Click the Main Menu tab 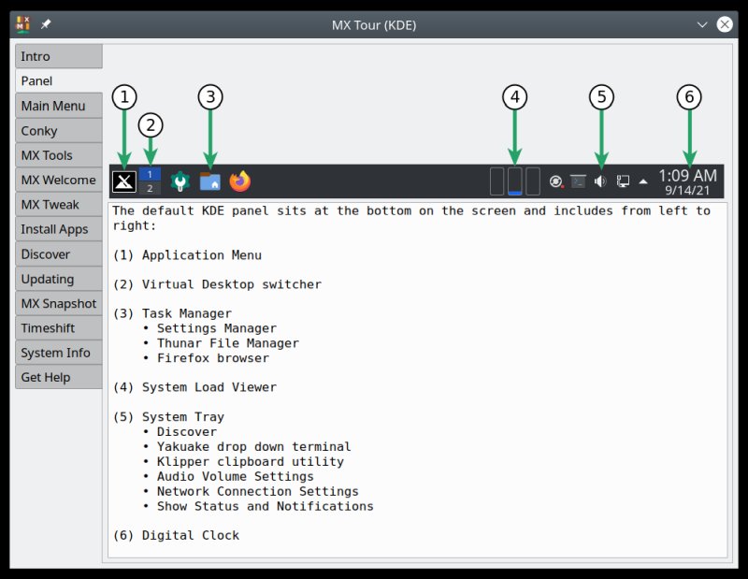[x=59, y=106]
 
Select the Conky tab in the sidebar [x=59, y=131]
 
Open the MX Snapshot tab [x=59, y=303]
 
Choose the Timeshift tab [x=59, y=328]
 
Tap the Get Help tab [x=59, y=377]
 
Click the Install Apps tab [x=59, y=229]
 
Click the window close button [x=725, y=24]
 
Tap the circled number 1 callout [x=124, y=96]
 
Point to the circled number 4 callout [x=514, y=96]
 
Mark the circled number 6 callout [x=689, y=96]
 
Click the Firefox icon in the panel [x=240, y=181]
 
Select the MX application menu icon [x=123, y=181]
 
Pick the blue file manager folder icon [x=210, y=181]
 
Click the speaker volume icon [x=600, y=181]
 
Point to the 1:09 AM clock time [x=687, y=175]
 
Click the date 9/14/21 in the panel [x=687, y=190]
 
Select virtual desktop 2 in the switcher [x=150, y=188]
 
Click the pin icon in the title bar [x=46, y=24]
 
